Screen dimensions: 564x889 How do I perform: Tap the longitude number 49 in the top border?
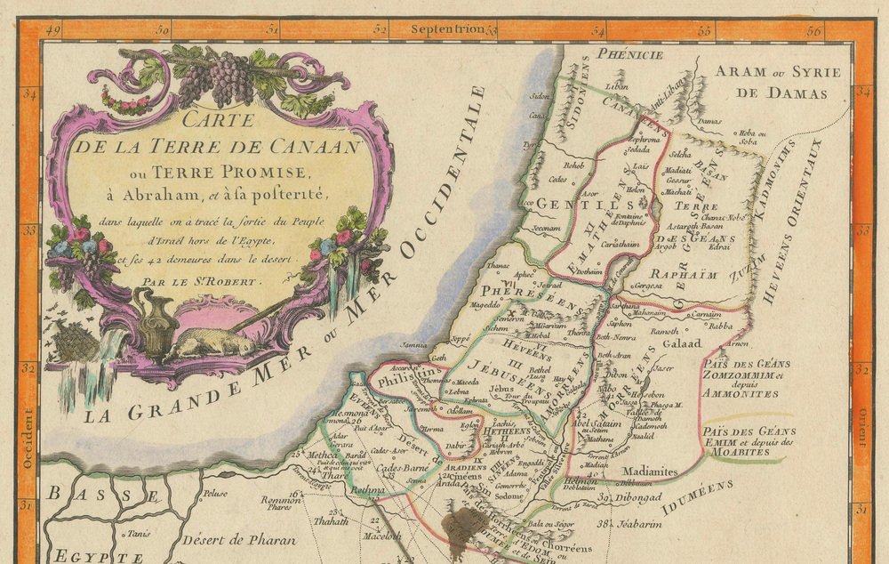click(52, 29)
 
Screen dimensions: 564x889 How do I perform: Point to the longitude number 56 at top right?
click(814, 29)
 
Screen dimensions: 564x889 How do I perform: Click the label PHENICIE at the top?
click(630, 55)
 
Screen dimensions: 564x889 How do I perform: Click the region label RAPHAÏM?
click(684, 274)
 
